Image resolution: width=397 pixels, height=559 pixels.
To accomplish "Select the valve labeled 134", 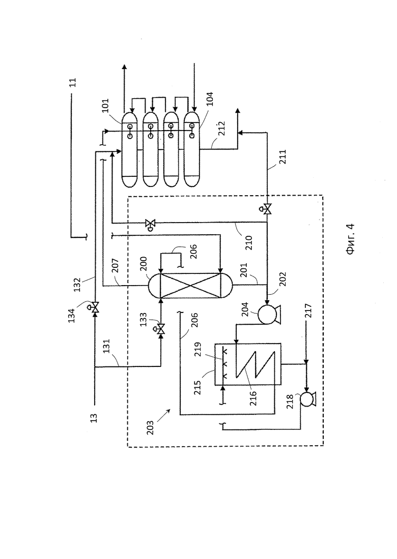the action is pos(95,307).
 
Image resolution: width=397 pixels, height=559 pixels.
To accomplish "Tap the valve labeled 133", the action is pos(160,329).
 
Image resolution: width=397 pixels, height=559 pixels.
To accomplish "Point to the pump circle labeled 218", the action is pos(307,399).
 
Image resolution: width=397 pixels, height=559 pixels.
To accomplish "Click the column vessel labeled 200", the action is pos(190,286).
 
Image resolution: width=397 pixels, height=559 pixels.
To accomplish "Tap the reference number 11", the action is pos(72,83).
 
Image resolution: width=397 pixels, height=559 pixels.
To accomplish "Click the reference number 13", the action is pos(94,418).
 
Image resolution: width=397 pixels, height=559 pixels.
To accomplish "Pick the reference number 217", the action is pos(308,310).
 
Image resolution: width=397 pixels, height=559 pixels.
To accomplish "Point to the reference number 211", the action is pos(282,157).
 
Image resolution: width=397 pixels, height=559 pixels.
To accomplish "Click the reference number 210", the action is pos(249,243).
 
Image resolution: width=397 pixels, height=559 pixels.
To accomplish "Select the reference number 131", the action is pos(106,346).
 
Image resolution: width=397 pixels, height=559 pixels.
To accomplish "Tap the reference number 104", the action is pos(210,99).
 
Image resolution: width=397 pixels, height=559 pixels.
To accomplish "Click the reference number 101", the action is pos(106,106).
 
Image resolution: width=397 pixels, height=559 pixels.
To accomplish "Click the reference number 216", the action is pos(253,398).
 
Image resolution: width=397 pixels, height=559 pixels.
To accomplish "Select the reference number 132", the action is pos(77,285).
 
